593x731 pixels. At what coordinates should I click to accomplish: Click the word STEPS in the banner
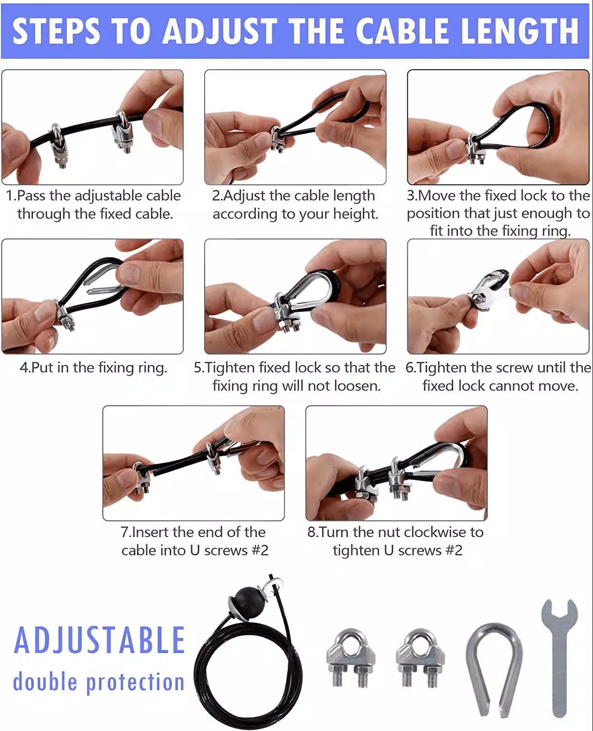pyautogui.click(x=56, y=31)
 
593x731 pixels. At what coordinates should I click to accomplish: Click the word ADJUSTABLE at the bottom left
pyautogui.click(x=99, y=640)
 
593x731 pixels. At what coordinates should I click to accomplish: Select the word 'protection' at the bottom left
pyautogui.click(x=135, y=682)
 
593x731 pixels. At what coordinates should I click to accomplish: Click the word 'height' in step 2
pyautogui.click(x=354, y=214)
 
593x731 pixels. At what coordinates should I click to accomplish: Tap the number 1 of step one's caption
pyautogui.click(x=9, y=196)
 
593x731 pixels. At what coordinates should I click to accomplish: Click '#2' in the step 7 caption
pyautogui.click(x=259, y=551)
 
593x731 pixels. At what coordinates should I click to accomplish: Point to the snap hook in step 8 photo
pyautogui.click(x=439, y=461)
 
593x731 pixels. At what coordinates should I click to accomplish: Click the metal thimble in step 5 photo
pyautogui.click(x=305, y=292)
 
